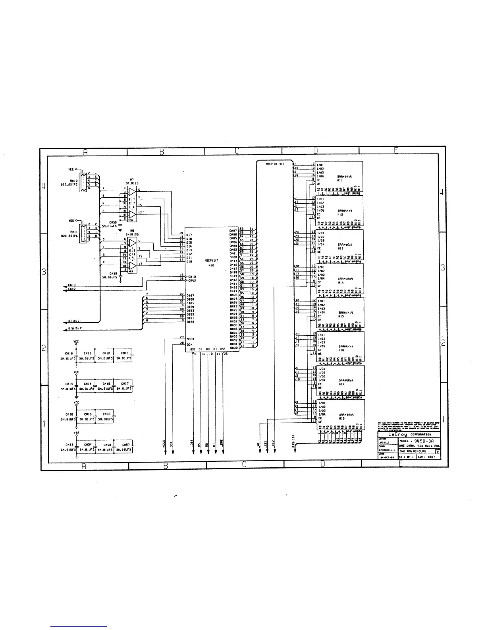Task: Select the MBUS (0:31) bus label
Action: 274,164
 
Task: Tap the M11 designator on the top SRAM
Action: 340,180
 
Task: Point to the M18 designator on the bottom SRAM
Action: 341,418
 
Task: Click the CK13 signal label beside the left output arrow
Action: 72,285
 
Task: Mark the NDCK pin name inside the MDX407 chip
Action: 190,339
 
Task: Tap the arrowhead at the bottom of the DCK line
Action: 172,452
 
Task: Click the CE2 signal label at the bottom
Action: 274,443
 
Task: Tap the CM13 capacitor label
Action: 125,353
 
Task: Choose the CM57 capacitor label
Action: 126,445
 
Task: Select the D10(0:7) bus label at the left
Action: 75,328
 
